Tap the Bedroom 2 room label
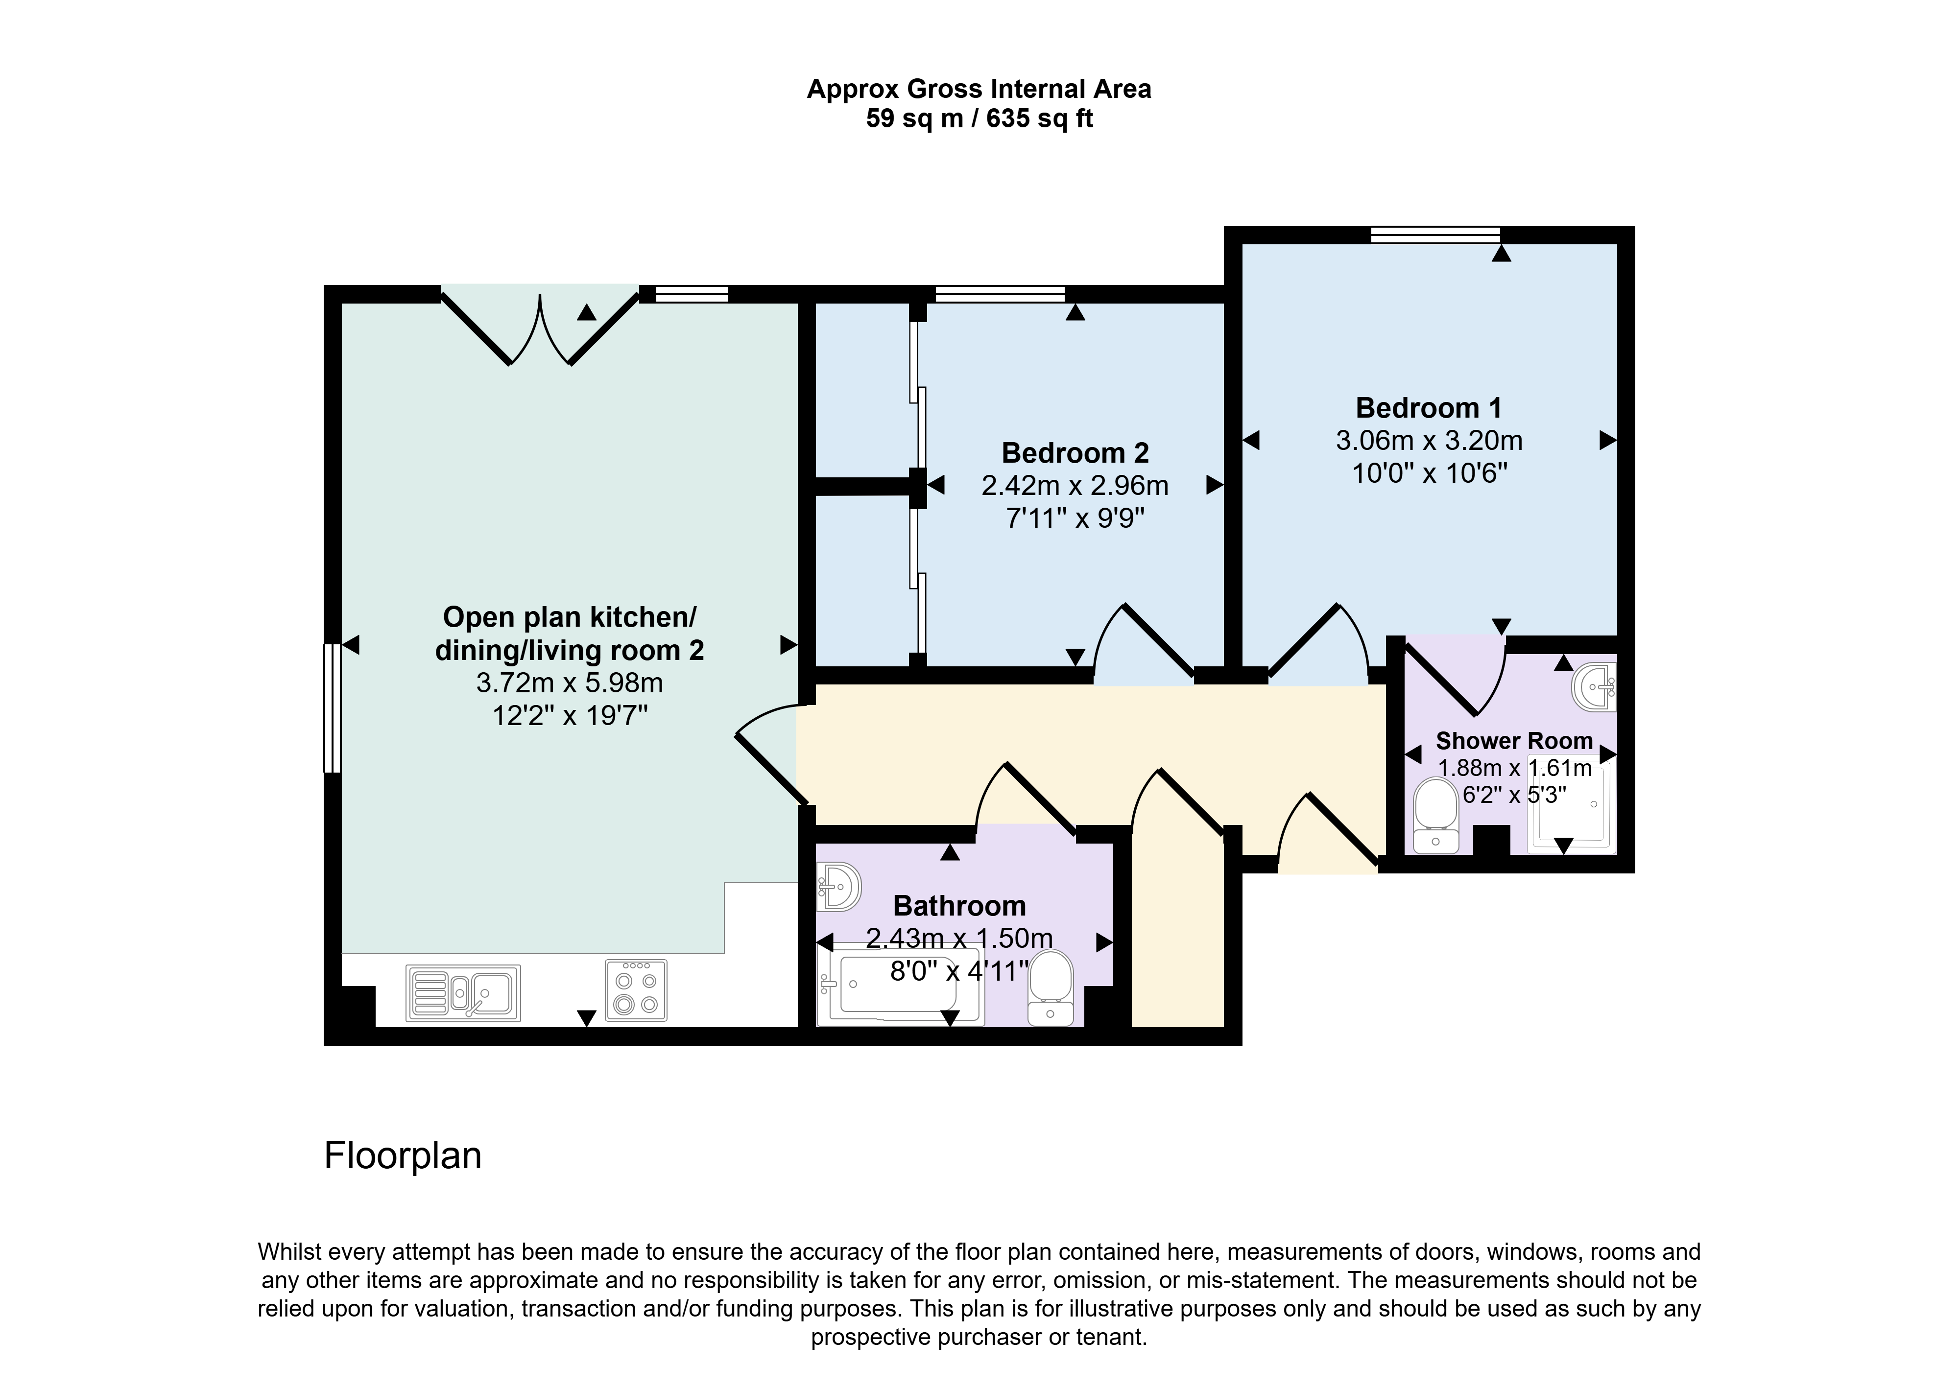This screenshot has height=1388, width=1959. [1075, 453]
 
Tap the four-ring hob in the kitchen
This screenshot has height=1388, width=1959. [636, 990]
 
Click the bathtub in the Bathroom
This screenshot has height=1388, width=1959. [901, 985]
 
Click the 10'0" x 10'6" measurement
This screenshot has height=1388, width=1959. [1429, 472]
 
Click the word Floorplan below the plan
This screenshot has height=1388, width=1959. [403, 1155]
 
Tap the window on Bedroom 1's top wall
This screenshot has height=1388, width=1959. [1436, 235]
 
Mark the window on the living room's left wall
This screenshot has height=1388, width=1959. [333, 708]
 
